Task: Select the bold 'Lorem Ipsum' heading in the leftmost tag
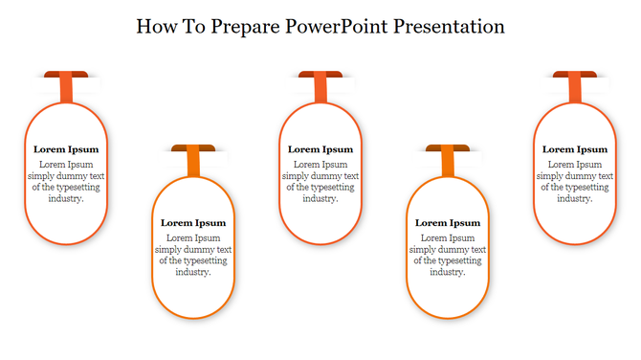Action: point(66,149)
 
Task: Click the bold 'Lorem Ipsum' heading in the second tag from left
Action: point(193,223)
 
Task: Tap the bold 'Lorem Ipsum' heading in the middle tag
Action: point(320,149)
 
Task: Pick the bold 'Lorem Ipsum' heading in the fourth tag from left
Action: point(448,223)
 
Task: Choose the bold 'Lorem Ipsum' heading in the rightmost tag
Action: point(575,149)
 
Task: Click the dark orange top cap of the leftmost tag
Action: point(66,75)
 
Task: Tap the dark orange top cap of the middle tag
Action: point(320,75)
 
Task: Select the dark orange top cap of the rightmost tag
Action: point(575,75)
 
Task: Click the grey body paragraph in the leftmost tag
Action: point(66,182)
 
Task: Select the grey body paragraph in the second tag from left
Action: point(193,255)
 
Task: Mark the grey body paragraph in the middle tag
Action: point(320,182)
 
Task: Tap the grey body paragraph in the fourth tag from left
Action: point(448,255)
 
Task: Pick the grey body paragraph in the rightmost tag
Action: point(575,182)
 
